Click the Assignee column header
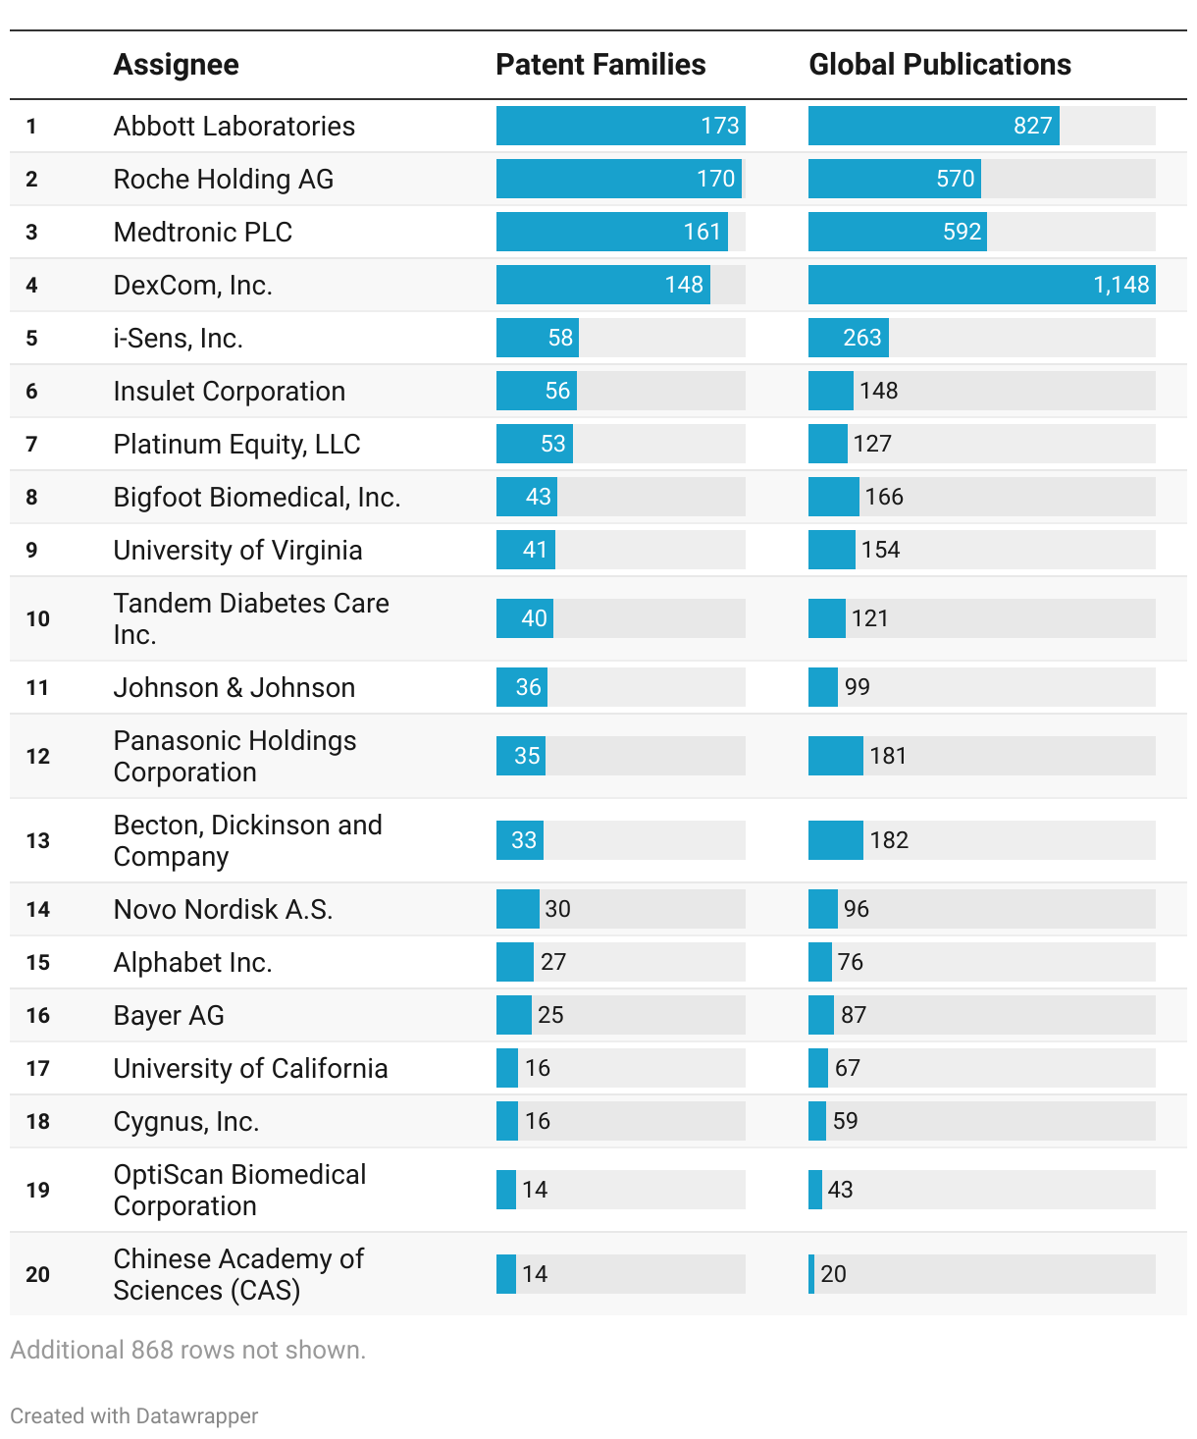pos(176,65)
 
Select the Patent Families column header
pos(600,65)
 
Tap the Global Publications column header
pos(939,65)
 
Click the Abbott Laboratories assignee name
pos(234,127)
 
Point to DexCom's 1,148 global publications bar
pos(981,285)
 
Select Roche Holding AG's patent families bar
pos(618,179)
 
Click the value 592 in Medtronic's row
pos(962,232)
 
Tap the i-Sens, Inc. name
pos(178,339)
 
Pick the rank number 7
pos(32,445)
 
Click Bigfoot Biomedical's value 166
pos(884,497)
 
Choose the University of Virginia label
pos(237,551)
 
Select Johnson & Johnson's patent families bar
pos(521,687)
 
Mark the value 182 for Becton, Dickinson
pos(889,840)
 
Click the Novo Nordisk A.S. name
pos(223,910)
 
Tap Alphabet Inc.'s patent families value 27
pos(553,962)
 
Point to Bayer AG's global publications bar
pos(821,1015)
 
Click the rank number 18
pos(37,1122)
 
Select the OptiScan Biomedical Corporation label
pos(239,1190)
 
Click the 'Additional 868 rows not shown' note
pos(187,1351)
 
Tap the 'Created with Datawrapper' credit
pos(134,1416)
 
